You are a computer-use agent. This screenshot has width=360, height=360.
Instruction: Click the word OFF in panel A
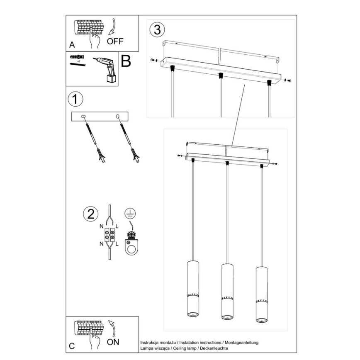[115, 41]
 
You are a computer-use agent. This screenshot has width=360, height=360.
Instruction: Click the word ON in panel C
[113, 342]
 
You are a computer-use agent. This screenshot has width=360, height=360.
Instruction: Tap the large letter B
[126, 61]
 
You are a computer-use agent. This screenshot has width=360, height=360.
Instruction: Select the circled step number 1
[75, 99]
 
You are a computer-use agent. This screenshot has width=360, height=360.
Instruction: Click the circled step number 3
[157, 29]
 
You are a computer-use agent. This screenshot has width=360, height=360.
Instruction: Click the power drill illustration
[107, 69]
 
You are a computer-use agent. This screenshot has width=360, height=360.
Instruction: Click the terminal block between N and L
[110, 235]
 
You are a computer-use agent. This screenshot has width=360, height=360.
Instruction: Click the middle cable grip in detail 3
[220, 75]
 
